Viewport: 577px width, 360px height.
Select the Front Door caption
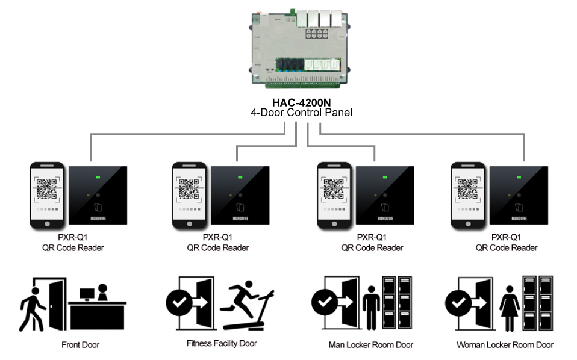pos(80,345)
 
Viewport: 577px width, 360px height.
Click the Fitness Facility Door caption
pos(221,343)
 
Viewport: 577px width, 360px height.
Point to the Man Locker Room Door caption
pos(370,345)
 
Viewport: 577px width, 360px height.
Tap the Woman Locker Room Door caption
pos(505,345)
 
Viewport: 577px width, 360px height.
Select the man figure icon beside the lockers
pos(371,307)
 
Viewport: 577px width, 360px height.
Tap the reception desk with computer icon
pos(96,307)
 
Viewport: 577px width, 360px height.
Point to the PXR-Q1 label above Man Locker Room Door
pos(372,237)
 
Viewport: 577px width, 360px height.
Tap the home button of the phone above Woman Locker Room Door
pos(468,223)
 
